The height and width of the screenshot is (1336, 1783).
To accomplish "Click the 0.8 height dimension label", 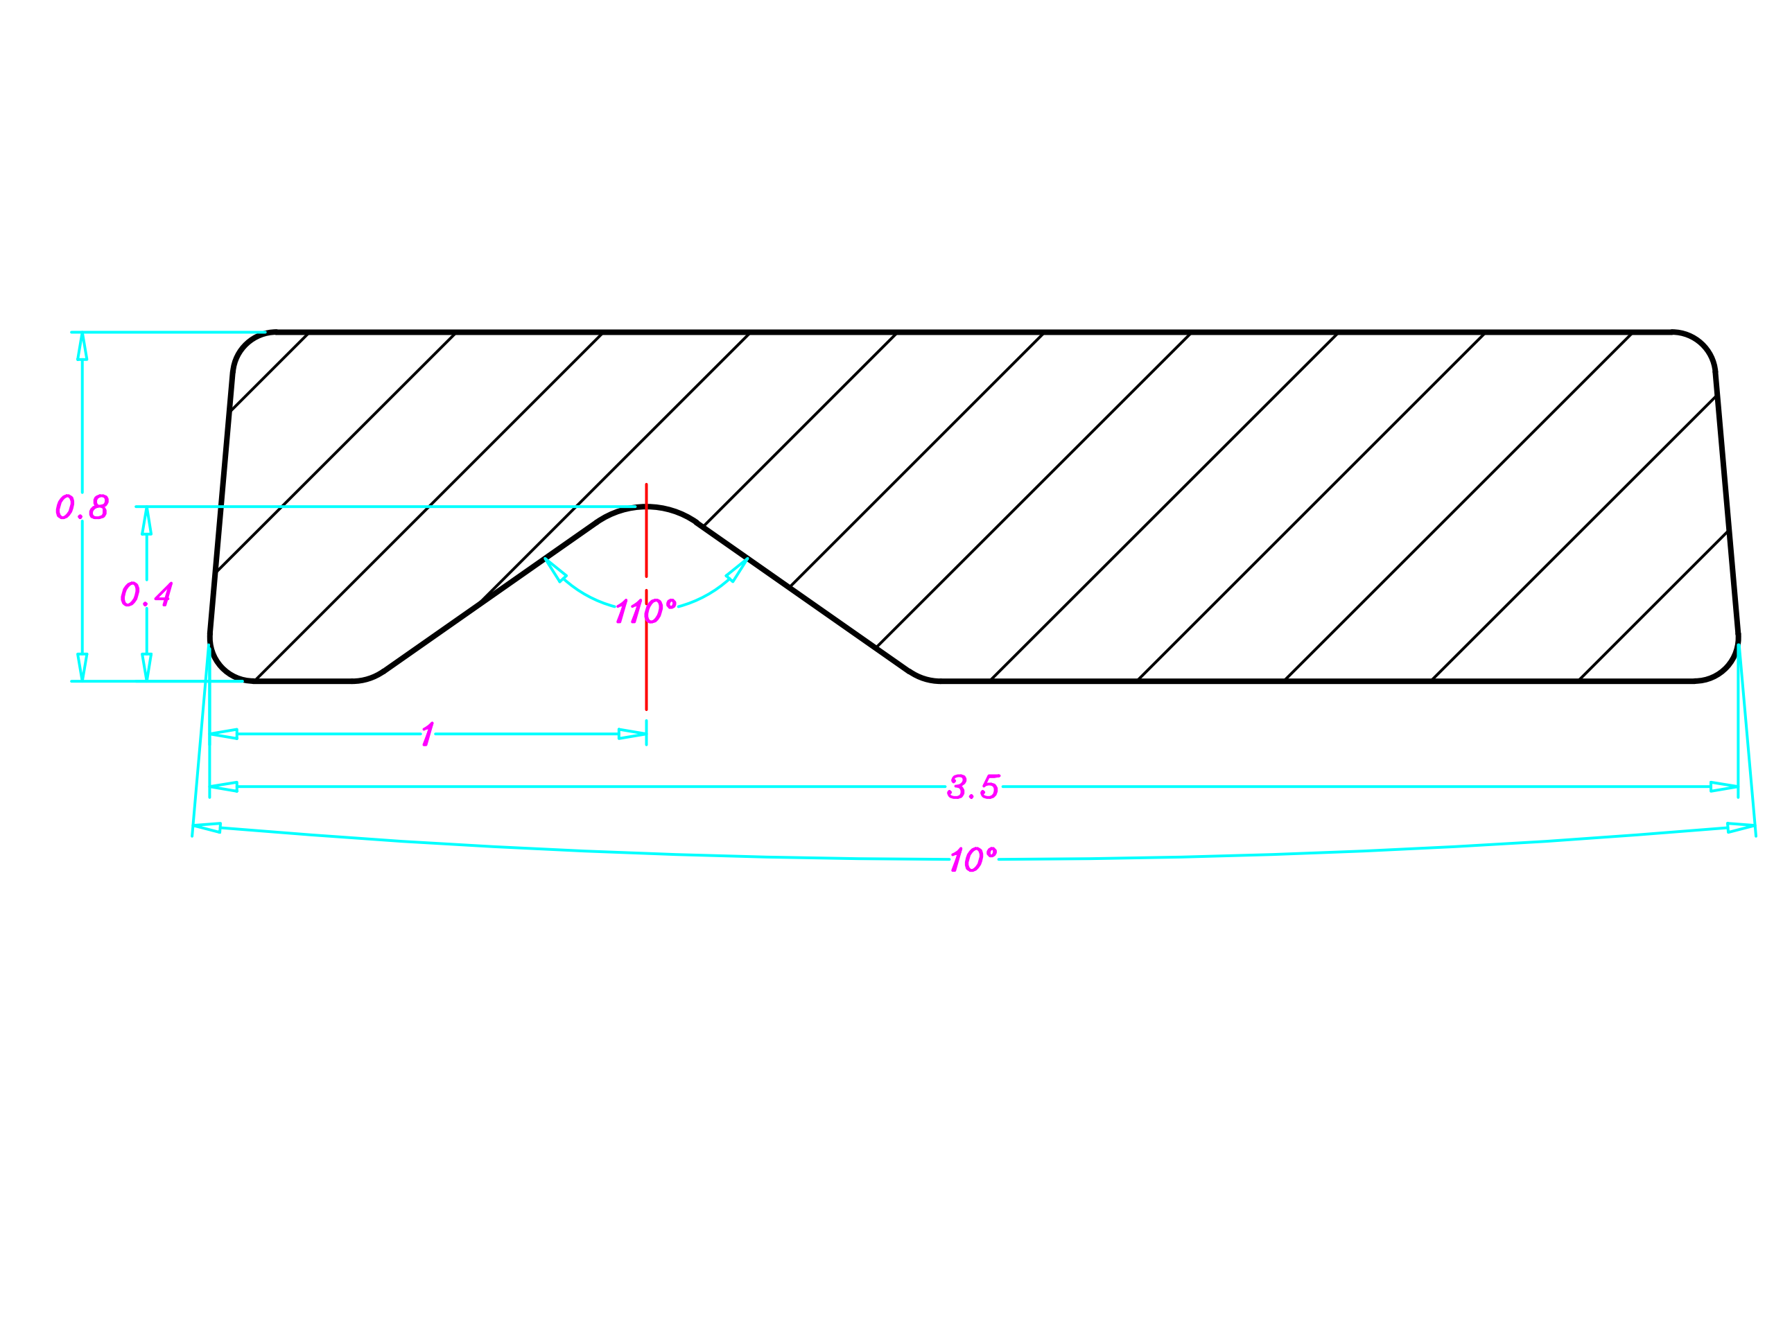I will pyautogui.click(x=81, y=507).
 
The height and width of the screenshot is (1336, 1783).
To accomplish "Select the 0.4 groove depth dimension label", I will pyautogui.click(x=146, y=594).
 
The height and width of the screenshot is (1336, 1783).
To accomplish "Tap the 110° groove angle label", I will pyautogui.click(x=645, y=610).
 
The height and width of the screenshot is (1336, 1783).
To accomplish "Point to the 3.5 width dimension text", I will pyautogui.click(x=974, y=786).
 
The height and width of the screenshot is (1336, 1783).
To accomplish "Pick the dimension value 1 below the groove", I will pyautogui.click(x=428, y=734).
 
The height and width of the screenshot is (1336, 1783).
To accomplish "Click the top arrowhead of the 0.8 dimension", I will pyautogui.click(x=82, y=347).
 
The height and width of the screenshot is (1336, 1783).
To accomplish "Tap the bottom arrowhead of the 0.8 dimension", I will pyautogui.click(x=82, y=667).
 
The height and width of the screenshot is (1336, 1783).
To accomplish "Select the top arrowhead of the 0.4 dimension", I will pyautogui.click(x=147, y=521).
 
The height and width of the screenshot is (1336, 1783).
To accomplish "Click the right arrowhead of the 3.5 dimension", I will pyautogui.click(x=1723, y=786).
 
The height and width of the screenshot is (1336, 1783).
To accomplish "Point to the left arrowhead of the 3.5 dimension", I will pyautogui.click(x=224, y=786).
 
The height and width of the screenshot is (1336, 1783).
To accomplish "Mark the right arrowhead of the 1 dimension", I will pyautogui.click(x=632, y=734).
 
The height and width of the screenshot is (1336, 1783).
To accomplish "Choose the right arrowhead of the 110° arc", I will pyautogui.click(x=738, y=569).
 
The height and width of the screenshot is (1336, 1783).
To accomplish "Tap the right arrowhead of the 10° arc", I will pyautogui.click(x=1741, y=827).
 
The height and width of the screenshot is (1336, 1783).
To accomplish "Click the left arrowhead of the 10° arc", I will pyautogui.click(x=207, y=827).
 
